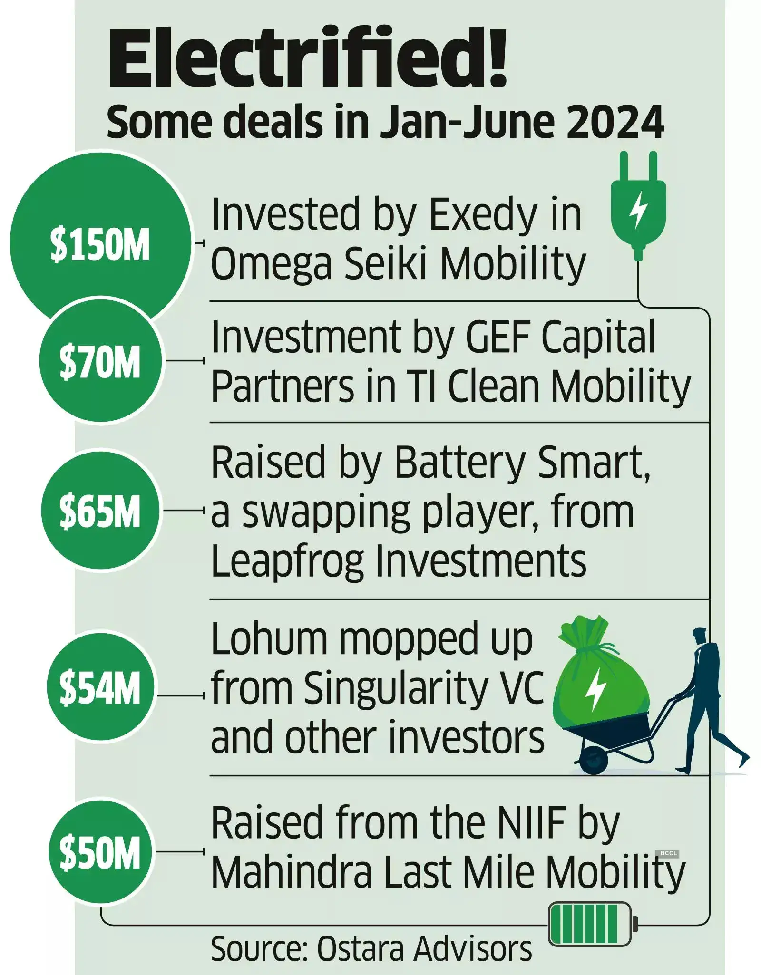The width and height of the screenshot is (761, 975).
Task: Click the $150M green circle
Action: pos(99,243)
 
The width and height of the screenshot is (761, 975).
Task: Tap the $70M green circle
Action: pos(100,361)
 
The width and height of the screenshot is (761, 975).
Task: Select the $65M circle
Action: pos(100,511)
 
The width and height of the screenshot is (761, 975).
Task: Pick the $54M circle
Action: pos(100,687)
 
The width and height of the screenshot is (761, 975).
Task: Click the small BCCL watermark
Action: pos(668,853)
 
